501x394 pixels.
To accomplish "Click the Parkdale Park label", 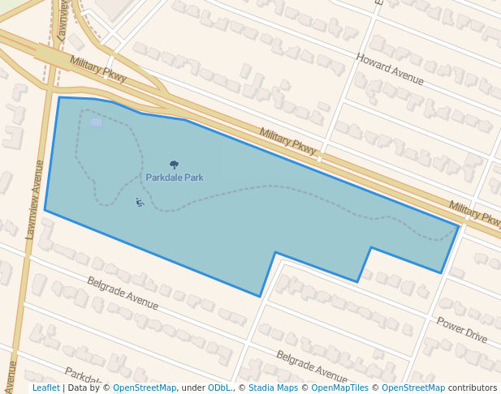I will pyautogui.click(x=175, y=178).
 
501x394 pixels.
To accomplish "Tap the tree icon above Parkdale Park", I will pyautogui.click(x=174, y=165).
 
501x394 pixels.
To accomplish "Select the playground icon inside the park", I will pyautogui.click(x=140, y=202).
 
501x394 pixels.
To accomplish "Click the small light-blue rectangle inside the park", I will pyautogui.click(x=97, y=123).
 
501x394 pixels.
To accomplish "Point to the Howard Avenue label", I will pyautogui.click(x=390, y=69).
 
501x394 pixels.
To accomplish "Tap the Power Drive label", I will pyautogui.click(x=461, y=329).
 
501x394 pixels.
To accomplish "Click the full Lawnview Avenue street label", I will pyautogui.click(x=35, y=199).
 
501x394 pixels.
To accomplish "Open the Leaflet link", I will pyautogui.click(x=45, y=388).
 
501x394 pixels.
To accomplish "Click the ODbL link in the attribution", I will pyautogui.click(x=219, y=388).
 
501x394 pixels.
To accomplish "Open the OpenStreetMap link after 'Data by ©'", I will pyautogui.click(x=145, y=388).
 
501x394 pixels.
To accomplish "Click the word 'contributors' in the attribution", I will pyautogui.click(x=473, y=388).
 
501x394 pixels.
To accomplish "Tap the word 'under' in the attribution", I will pyautogui.click(x=193, y=388).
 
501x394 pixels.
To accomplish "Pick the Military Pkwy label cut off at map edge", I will pyautogui.click(x=475, y=213).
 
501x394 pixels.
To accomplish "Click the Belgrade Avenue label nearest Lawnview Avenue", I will pyautogui.click(x=123, y=293).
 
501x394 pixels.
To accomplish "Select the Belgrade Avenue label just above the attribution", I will pyautogui.click(x=311, y=366).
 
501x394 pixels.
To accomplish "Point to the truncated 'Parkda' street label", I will pyautogui.click(x=83, y=378).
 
